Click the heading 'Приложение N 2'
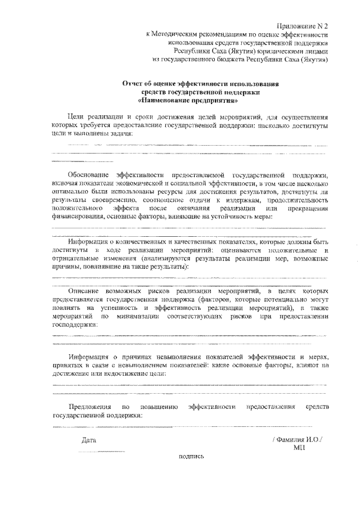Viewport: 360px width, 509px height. [x=303, y=26]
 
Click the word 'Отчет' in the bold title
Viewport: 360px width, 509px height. [x=133, y=84]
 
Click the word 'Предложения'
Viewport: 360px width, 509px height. [x=89, y=407]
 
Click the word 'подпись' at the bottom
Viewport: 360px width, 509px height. [x=191, y=457]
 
